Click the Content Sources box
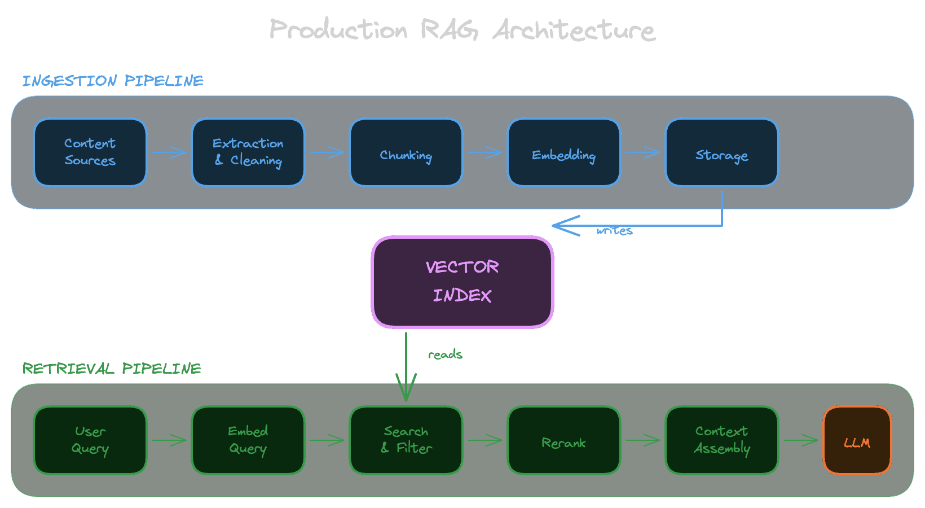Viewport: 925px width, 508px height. tap(90, 152)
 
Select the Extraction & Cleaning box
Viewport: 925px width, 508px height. tap(248, 152)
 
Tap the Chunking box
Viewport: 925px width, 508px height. tap(406, 152)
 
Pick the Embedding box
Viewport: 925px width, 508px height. tap(564, 152)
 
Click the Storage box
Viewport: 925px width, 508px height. tap(722, 152)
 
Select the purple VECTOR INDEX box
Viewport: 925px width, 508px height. tap(462, 282)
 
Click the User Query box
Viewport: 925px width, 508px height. tap(90, 440)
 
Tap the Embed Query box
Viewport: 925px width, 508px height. tap(248, 440)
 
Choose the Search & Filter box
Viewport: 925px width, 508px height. tap(406, 440)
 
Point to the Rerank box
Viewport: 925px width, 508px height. tap(564, 440)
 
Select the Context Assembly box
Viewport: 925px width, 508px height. tap(722, 440)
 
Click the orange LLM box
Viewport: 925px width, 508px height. tap(857, 440)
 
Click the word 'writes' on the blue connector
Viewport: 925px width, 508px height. tap(614, 231)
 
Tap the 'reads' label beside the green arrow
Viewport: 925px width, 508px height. tap(445, 354)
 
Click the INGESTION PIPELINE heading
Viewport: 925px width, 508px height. tap(113, 81)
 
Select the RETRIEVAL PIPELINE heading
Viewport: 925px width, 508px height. tap(112, 369)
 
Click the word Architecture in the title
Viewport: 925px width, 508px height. tap(574, 30)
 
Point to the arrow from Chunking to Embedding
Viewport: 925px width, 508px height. tap(485, 152)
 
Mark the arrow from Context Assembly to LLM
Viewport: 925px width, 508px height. tap(801, 440)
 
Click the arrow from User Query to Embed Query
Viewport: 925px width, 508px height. tap(169, 440)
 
